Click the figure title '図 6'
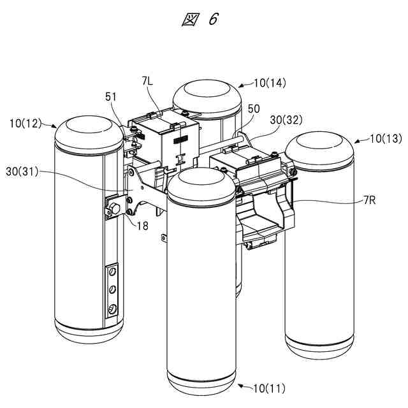point(200,20)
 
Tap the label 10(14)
point(270,82)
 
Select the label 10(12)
point(25,121)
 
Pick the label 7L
point(147,82)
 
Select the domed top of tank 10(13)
point(319,148)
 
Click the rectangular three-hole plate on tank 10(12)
point(112,289)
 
